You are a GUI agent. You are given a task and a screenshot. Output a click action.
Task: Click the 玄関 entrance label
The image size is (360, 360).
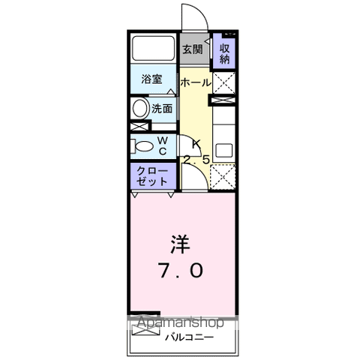[192, 49]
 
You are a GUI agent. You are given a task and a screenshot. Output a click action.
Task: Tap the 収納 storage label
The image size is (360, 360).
[224, 54]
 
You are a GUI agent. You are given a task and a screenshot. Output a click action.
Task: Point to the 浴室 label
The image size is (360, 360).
[152, 79]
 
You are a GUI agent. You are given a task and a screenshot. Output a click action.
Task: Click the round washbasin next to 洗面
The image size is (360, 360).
[139, 109]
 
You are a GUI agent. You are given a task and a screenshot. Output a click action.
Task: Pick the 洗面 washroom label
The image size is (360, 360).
[162, 109]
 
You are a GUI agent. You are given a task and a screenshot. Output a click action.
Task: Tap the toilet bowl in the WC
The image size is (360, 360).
[142, 146]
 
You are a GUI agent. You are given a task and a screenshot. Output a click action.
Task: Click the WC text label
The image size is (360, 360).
[163, 145]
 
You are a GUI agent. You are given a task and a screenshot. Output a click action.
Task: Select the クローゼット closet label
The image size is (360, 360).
[152, 176]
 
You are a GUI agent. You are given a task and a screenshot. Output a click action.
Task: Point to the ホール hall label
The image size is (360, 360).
[196, 82]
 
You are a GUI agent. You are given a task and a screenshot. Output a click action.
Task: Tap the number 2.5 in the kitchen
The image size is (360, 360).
[196, 160]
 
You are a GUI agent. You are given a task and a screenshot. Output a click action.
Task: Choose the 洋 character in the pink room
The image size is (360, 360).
[180, 244]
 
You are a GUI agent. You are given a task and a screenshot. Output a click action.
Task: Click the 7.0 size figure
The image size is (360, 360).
[181, 271]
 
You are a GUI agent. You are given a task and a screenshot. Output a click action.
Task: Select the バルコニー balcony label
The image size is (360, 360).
[190, 337]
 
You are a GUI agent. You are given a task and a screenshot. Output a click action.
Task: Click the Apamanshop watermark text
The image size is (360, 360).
[181, 322]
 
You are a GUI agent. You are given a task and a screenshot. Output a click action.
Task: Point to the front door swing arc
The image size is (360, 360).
[200, 11]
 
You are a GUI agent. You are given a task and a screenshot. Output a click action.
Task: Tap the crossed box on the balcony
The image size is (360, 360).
[145, 330]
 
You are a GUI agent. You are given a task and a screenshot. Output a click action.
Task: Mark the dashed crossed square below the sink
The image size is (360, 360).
[223, 177]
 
